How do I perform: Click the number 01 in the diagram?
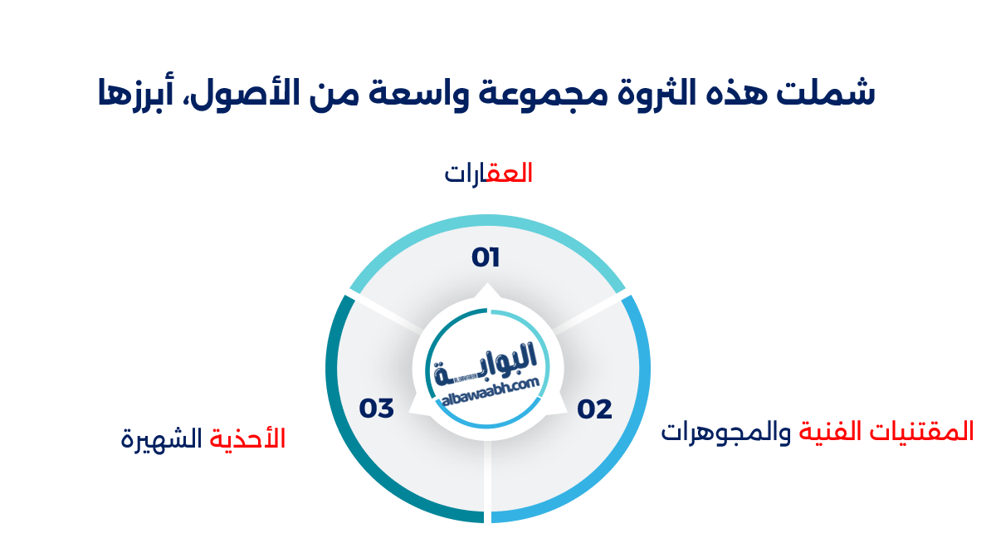point(486,257)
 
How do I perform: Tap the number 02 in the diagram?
point(595,409)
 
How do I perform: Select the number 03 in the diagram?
point(376,409)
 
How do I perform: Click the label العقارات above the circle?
point(488,174)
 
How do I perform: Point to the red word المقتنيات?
point(929,431)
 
